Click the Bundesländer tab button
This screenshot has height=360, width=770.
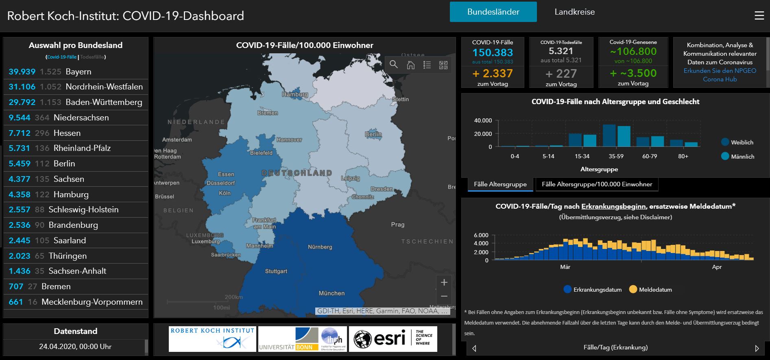pos(493,12)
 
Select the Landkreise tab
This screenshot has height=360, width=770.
pos(574,12)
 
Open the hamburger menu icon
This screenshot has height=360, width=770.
pos(759,15)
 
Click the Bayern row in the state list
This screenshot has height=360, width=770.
pos(76,72)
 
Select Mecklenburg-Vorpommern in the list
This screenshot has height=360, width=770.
pos(76,302)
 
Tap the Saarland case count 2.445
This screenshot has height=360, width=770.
pos(20,240)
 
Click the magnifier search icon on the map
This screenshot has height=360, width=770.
pos(393,64)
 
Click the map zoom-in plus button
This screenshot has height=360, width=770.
pos(444,282)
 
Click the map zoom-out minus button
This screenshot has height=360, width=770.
pos(444,296)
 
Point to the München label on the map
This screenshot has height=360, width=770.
pos(332,293)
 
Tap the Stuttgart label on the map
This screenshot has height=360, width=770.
pos(276,271)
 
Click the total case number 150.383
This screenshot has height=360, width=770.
pos(493,52)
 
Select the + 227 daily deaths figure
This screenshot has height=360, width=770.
pos(561,74)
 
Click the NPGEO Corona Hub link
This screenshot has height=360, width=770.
pos(720,75)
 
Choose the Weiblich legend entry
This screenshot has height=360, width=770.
pos(737,142)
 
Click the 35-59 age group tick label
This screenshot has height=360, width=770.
pos(616,156)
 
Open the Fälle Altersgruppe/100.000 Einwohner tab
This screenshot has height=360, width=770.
pos(597,184)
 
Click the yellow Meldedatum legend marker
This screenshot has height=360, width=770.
pos(633,290)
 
